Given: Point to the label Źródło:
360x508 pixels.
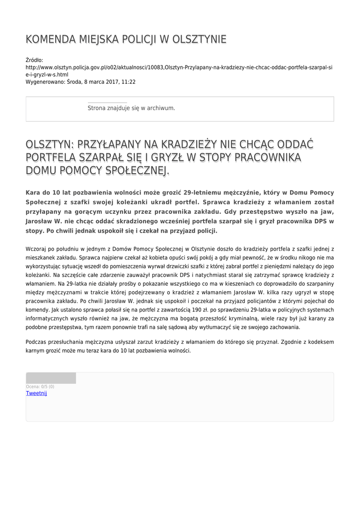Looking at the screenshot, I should point(34,60).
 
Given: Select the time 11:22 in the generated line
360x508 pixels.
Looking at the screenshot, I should point(129,82).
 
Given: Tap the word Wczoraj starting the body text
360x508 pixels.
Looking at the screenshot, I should point(36,248).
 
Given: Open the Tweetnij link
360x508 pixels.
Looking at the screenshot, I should point(36,393).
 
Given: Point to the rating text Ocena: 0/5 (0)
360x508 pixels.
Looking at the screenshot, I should point(40,386).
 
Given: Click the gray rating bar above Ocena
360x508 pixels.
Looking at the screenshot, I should point(51,378).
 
